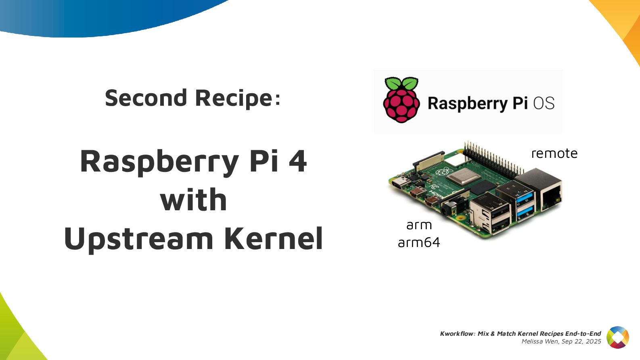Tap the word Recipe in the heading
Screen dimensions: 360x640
point(234,98)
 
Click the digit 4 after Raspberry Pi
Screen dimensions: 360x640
point(298,161)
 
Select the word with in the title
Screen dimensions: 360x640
point(194,200)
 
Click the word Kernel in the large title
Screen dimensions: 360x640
point(274,239)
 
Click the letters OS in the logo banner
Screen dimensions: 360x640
point(544,103)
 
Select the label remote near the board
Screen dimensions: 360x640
point(554,153)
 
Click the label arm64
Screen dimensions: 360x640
point(418,242)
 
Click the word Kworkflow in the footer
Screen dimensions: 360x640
point(456,333)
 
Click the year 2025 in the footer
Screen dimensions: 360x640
point(593,341)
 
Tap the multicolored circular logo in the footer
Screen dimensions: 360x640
point(617,337)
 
